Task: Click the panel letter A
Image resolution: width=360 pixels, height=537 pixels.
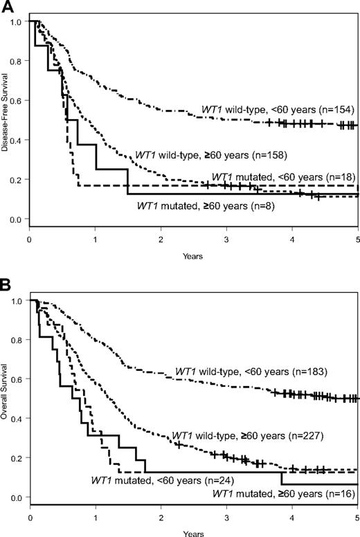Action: pos(6,6)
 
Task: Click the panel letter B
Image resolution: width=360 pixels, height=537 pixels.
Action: pos(6,282)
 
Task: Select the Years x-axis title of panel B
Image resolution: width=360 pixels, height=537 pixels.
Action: pos(193,532)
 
